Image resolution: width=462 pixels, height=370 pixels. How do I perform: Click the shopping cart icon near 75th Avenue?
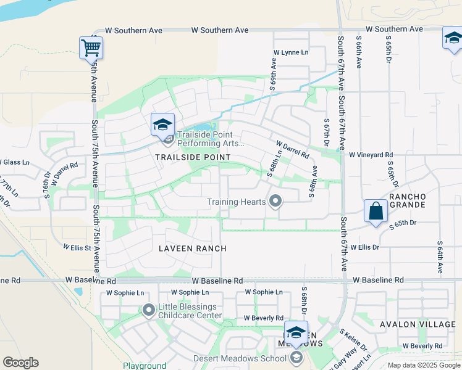[x=91, y=47]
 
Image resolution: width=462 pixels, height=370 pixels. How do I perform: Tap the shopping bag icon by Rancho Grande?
[x=376, y=212]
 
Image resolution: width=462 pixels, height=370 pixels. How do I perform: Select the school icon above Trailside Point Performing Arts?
[x=163, y=125]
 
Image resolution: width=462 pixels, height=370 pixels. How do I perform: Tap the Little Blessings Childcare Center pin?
[x=148, y=310]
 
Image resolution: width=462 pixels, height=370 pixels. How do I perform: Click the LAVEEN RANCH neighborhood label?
[x=192, y=249]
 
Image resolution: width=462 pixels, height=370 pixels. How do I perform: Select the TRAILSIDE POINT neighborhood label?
[x=193, y=157]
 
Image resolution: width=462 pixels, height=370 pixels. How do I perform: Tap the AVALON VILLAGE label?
[x=426, y=324]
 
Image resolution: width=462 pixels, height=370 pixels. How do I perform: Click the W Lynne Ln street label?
[x=290, y=53]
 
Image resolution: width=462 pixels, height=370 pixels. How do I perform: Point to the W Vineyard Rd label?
[x=371, y=155]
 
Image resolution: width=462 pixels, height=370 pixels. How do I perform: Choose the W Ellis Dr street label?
[x=364, y=247]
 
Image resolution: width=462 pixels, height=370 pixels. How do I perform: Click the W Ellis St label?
[x=77, y=248]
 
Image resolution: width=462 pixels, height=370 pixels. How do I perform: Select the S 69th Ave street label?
[x=273, y=73]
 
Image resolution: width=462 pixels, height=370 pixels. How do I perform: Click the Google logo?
[x=21, y=363]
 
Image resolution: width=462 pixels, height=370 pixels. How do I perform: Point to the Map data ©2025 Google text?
[x=423, y=365]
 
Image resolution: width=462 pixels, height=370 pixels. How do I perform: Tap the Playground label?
[x=145, y=366]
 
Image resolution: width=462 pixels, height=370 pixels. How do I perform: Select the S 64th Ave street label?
[x=440, y=257]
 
